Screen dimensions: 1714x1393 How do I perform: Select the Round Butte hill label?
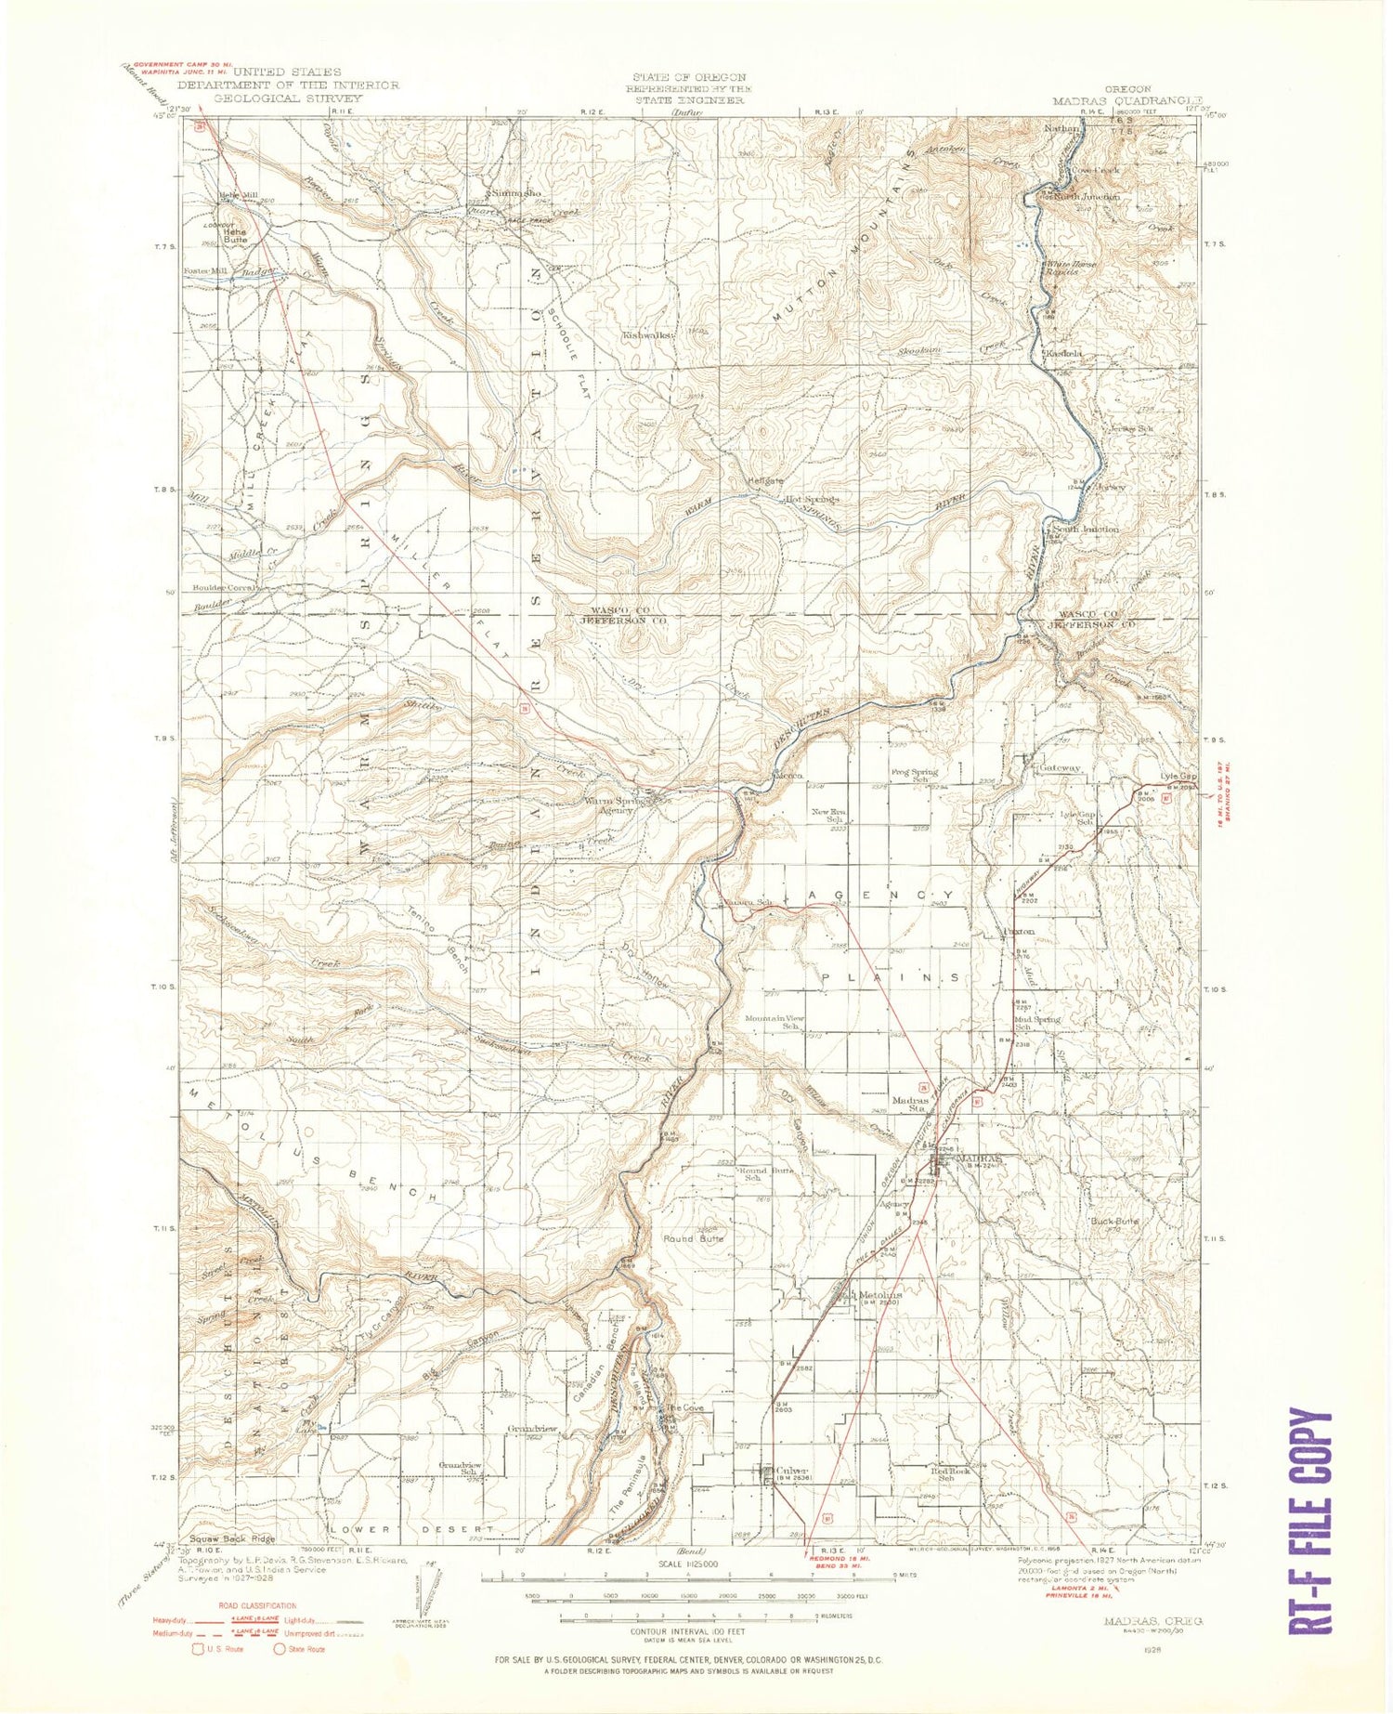[x=693, y=1238]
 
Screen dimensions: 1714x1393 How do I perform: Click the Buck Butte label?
[x=1114, y=1221]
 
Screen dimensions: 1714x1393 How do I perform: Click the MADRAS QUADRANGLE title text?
[x=1126, y=100]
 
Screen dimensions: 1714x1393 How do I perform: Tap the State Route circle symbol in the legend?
[x=280, y=1649]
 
